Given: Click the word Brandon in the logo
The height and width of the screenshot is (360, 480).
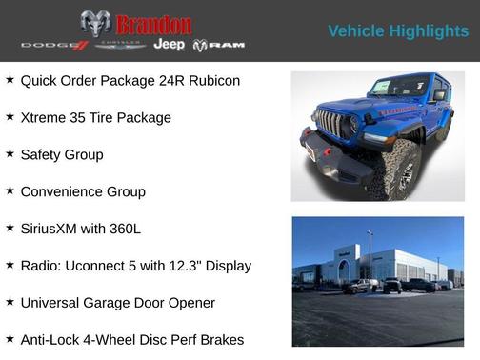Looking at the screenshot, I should [153, 24].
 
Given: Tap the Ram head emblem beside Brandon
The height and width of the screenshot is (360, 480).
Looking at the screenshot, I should [95, 23].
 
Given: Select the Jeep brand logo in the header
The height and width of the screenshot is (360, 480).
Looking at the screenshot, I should [170, 45].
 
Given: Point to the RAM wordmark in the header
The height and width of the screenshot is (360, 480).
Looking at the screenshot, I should [219, 45].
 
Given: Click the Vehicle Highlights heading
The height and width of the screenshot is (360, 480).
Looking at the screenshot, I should [398, 31].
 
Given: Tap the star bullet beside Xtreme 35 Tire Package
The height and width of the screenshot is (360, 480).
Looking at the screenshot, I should [10, 116].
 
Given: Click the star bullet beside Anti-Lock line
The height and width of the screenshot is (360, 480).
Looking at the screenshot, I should [10, 338].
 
